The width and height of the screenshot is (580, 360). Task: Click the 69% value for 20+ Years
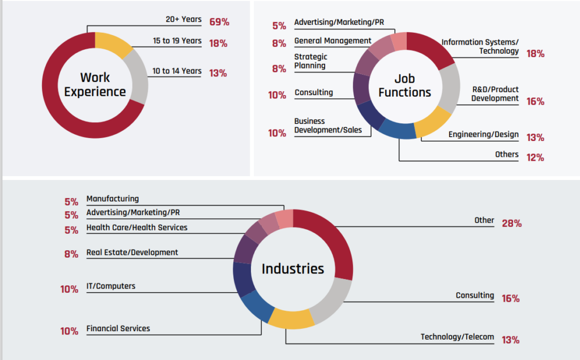[219, 22]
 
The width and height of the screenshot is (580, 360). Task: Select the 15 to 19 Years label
[177, 41]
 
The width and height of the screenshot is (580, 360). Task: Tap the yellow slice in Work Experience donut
[110, 44]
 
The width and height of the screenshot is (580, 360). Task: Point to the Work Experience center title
[95, 84]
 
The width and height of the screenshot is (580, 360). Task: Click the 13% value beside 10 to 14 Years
[219, 73]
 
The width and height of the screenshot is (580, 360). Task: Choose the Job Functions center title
[404, 85]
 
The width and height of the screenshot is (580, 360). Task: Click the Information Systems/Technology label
[480, 46]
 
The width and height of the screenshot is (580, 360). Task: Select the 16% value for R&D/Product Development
[535, 101]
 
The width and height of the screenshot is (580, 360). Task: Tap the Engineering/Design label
[483, 134]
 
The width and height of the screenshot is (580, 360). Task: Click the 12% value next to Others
[535, 157]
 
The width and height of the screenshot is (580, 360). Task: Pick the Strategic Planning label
[310, 61]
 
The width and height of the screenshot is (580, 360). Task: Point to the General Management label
[332, 41]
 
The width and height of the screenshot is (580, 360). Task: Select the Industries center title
[293, 268]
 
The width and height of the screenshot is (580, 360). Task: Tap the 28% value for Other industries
[511, 223]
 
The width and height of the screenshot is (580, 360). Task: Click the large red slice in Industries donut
[330, 237]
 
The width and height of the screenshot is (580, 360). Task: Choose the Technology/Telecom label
[457, 337]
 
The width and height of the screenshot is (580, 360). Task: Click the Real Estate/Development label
[132, 252]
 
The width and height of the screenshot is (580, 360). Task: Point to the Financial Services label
[118, 328]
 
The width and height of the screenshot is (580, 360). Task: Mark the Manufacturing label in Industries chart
[112, 199]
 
